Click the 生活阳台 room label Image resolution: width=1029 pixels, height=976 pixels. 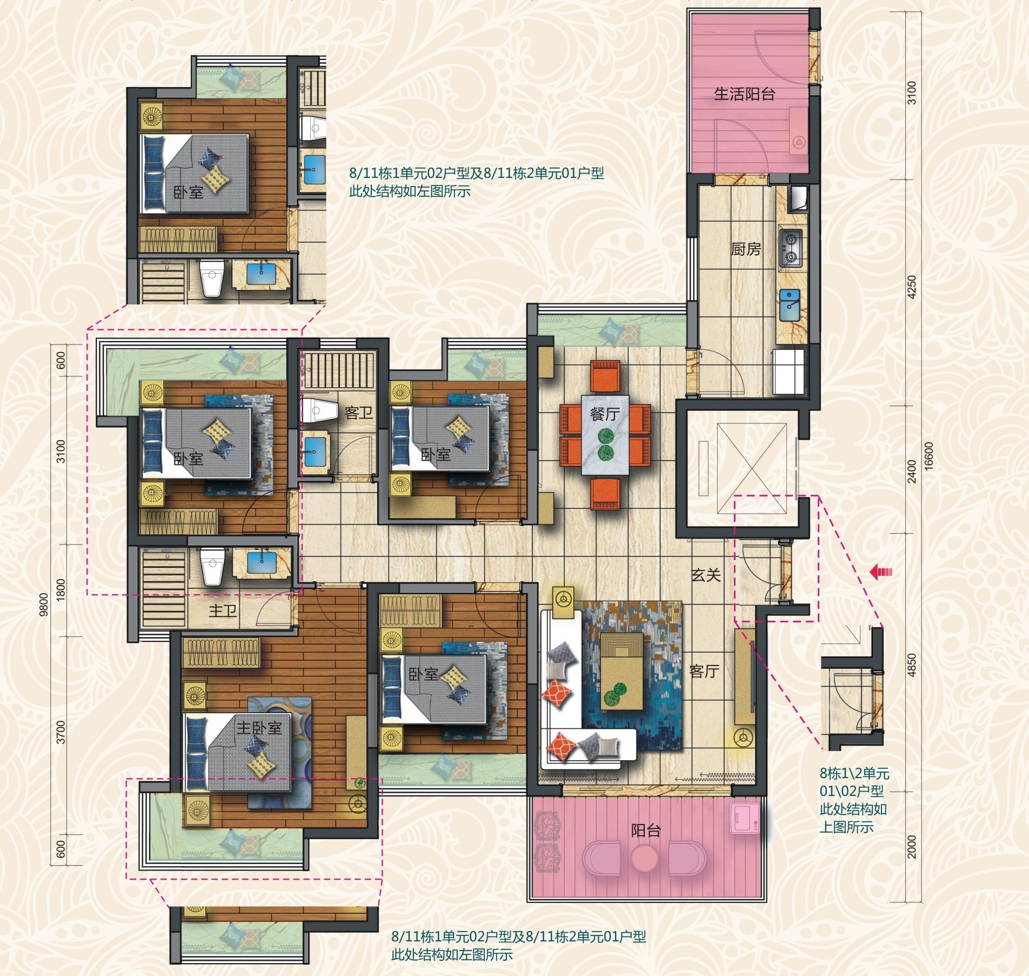[744, 94]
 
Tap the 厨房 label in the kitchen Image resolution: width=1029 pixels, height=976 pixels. [746, 249]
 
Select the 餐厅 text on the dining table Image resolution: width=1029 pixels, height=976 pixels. [605, 414]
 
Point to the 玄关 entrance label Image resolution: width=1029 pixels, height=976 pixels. [706, 575]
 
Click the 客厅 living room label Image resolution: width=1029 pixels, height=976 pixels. [704, 671]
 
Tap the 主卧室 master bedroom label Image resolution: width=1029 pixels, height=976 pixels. [259, 728]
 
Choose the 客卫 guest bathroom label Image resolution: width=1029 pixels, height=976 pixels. [359, 413]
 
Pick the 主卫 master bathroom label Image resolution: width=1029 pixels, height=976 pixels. [223, 611]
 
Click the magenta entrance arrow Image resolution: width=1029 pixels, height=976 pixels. [881, 572]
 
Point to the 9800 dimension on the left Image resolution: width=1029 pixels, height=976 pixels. [44, 604]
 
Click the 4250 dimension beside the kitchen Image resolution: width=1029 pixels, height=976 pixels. [912, 287]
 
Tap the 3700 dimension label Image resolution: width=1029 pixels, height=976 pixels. [61, 732]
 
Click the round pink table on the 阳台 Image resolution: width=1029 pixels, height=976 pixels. [644, 857]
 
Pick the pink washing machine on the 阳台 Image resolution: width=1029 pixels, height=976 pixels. [745, 818]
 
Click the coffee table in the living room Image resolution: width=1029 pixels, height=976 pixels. [622, 671]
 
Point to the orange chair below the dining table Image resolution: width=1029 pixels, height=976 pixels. [605, 493]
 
